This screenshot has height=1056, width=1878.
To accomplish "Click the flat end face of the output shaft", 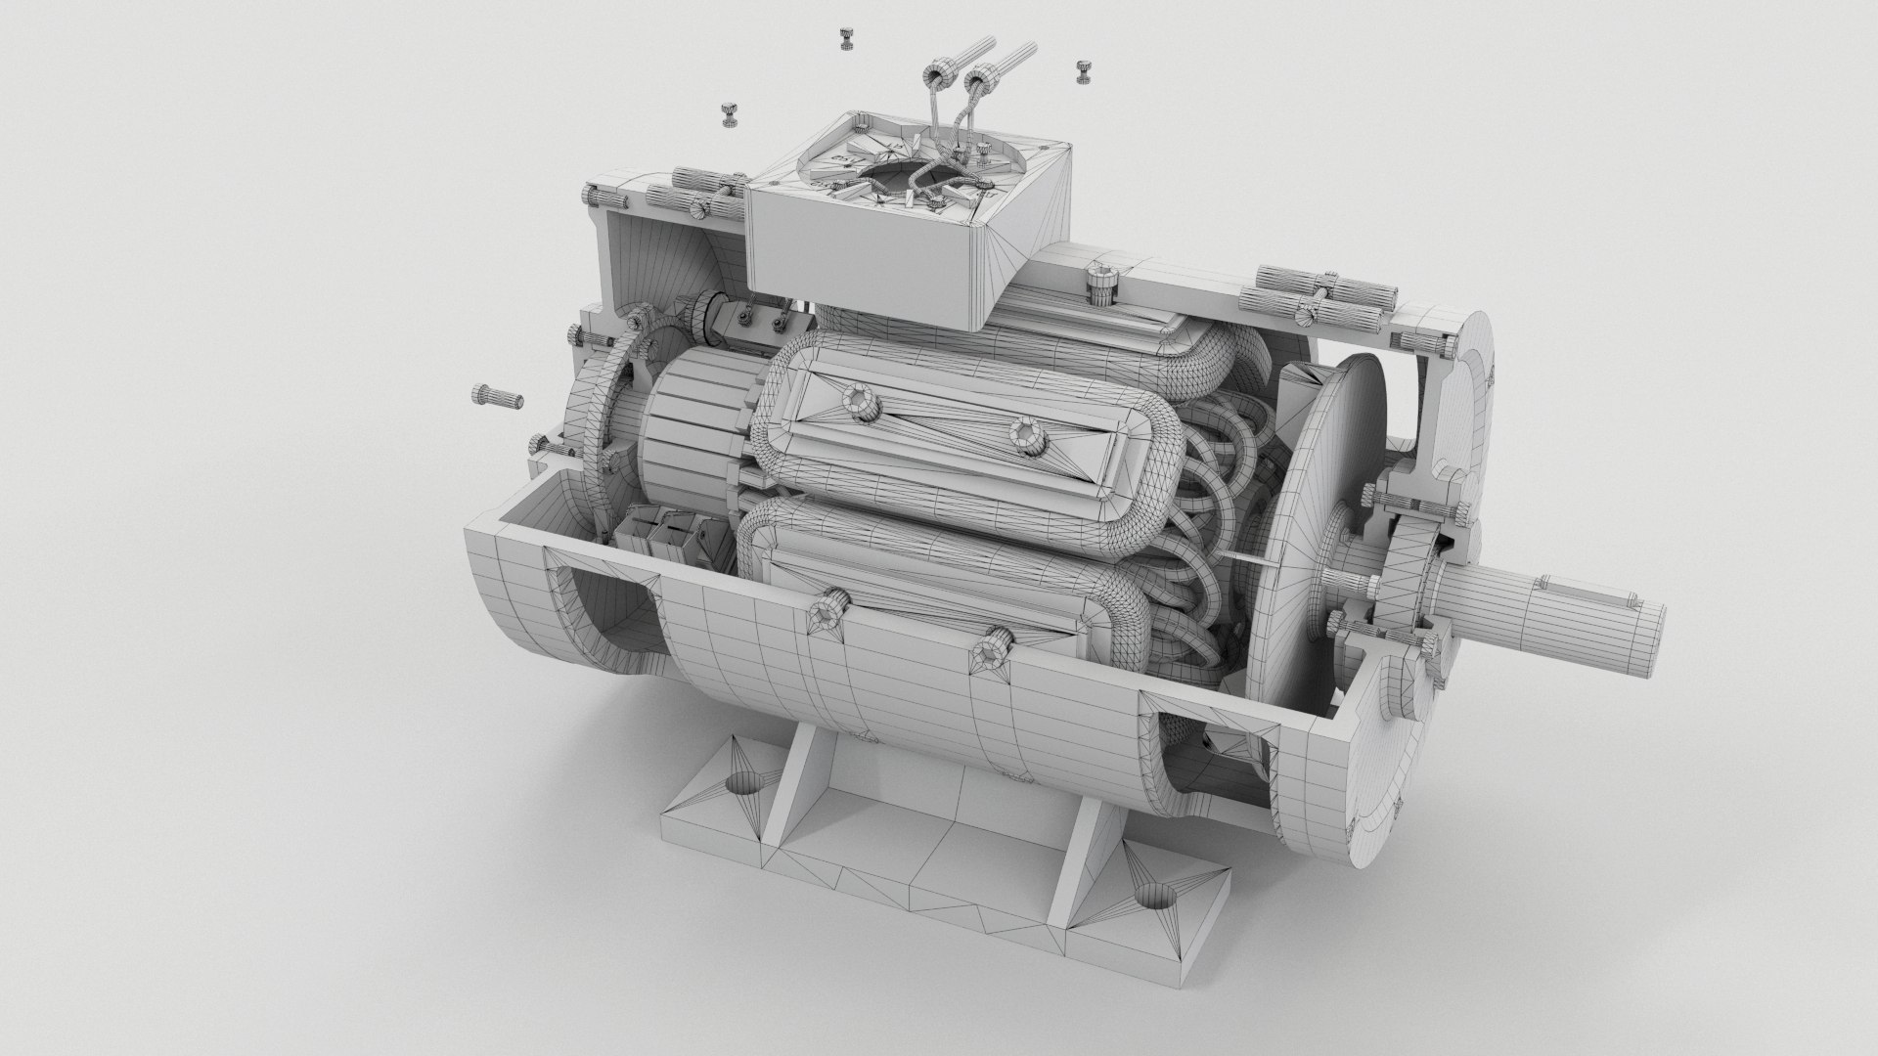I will [x=1652, y=620].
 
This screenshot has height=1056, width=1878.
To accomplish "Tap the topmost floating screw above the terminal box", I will [x=846, y=39].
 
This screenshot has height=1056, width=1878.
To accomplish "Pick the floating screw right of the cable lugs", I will [x=1083, y=70].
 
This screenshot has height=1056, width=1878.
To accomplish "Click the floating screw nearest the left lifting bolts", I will [x=729, y=114].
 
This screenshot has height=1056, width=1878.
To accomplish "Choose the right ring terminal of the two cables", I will [x=978, y=78].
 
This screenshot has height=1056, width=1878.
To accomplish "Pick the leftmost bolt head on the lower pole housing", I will [x=827, y=612].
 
